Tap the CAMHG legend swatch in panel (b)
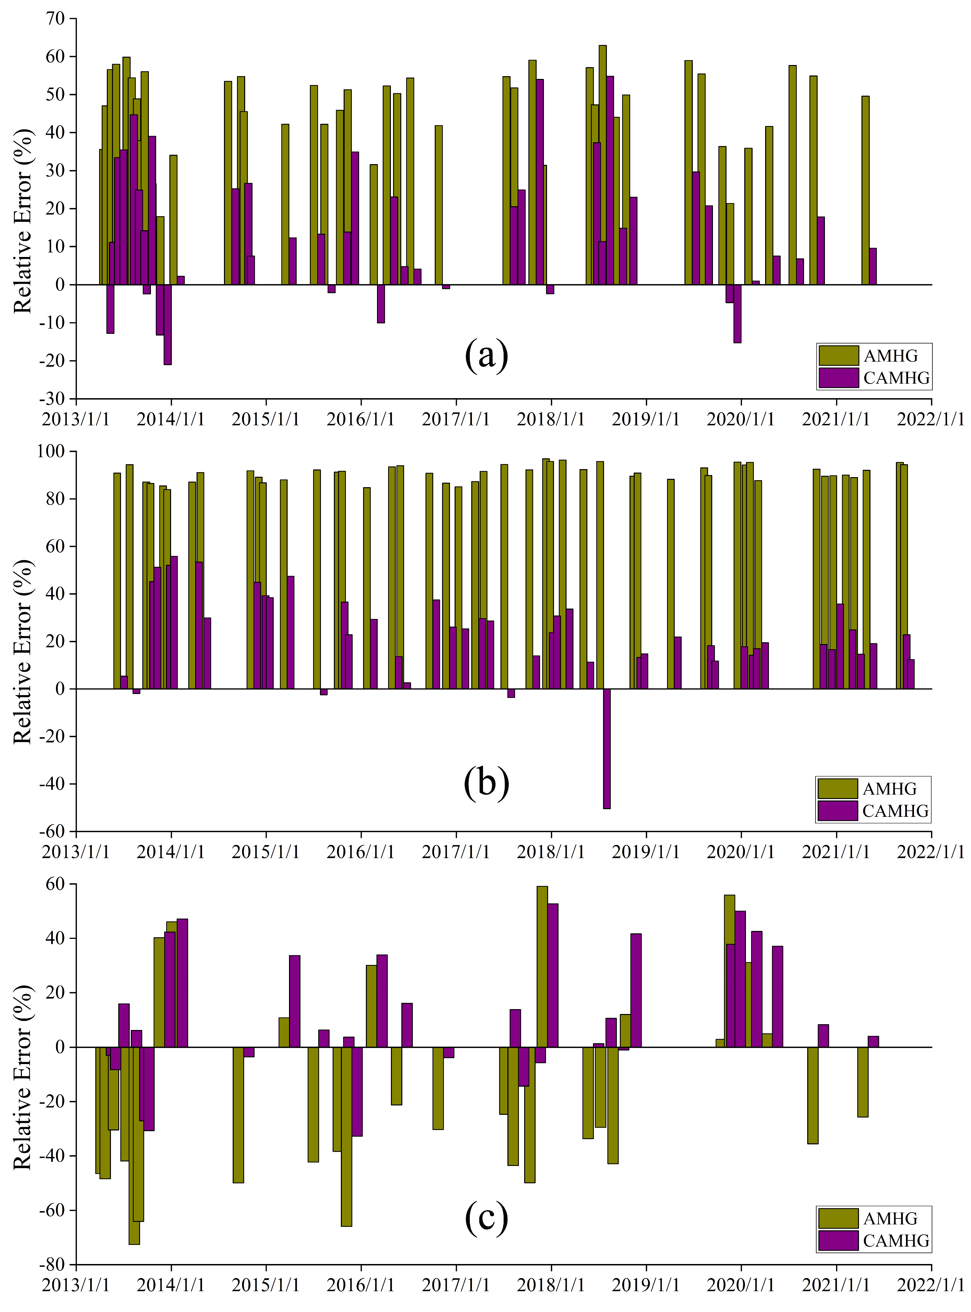click(837, 811)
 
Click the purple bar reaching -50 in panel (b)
click(607, 749)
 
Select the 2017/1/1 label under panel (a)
click(456, 419)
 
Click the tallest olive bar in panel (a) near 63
click(602, 164)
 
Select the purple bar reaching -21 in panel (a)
click(168, 324)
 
